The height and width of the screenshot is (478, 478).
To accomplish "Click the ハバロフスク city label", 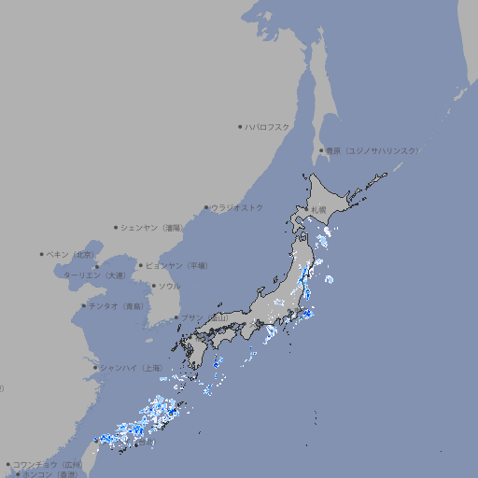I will [x=268, y=126].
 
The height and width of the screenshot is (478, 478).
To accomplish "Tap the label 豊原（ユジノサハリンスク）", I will [x=373, y=150].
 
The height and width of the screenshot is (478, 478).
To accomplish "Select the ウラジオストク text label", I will [x=237, y=207].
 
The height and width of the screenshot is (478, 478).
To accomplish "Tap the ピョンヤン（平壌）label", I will [x=177, y=265].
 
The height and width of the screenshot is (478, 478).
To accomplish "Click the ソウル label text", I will [x=169, y=287].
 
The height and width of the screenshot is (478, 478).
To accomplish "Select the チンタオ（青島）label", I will [x=117, y=305].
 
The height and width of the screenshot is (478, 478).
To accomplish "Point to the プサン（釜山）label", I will [x=204, y=317].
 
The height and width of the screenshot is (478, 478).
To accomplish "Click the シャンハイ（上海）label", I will [x=131, y=368].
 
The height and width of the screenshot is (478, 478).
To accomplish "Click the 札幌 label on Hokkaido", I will [x=319, y=210].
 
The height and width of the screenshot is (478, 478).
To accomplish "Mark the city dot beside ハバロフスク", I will [x=240, y=126].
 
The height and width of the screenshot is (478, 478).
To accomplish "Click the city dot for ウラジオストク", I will [x=206, y=207].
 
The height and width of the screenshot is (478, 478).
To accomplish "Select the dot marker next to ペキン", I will [x=42, y=254].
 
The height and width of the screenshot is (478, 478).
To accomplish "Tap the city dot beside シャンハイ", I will [x=95, y=368].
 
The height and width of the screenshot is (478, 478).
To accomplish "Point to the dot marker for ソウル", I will [x=152, y=287].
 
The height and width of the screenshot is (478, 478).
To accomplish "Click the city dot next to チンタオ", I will [x=84, y=305].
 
